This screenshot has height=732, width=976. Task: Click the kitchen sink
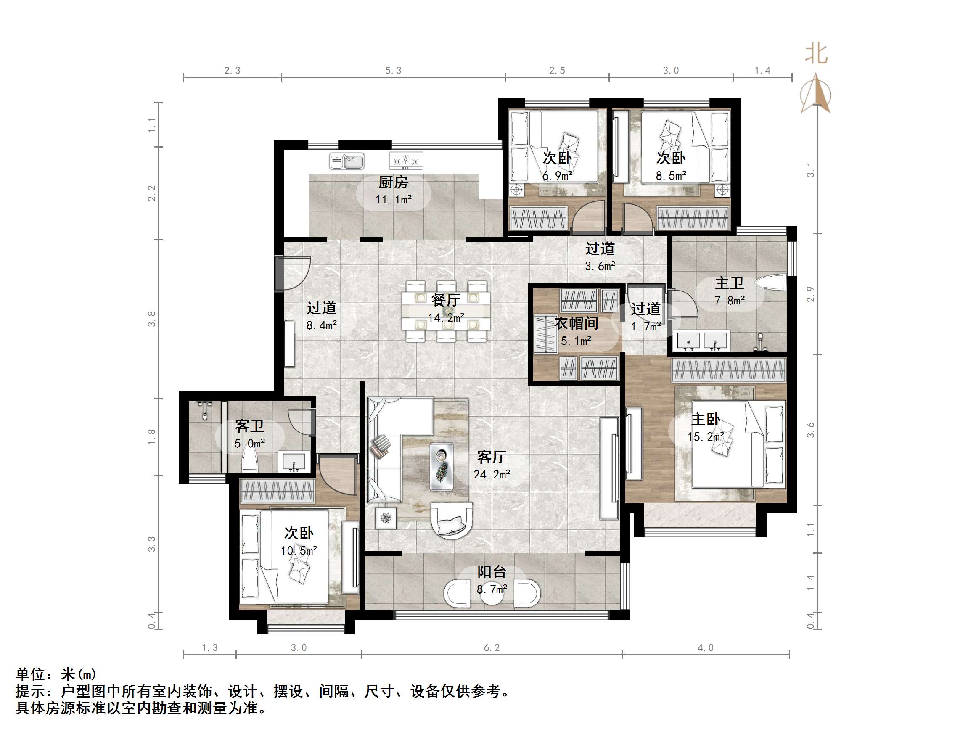[347, 161]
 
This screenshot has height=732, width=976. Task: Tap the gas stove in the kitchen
[406, 161]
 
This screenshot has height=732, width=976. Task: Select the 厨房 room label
[393, 182]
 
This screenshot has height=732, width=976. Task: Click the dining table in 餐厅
[446, 311]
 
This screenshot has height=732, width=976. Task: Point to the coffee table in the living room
[442, 466]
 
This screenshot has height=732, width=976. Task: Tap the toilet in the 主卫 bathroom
[770, 283]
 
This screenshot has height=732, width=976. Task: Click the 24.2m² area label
[492, 475]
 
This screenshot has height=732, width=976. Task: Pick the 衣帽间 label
[576, 323]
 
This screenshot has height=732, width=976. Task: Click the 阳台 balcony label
[492, 572]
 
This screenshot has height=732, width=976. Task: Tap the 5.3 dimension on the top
[393, 71]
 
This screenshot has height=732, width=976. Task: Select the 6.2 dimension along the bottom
[492, 648]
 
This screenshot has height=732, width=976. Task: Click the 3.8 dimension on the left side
[152, 319]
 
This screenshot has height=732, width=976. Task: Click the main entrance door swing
[295, 274]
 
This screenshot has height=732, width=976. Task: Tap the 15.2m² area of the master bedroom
[706, 437]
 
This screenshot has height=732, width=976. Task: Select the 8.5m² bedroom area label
[671, 176]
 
